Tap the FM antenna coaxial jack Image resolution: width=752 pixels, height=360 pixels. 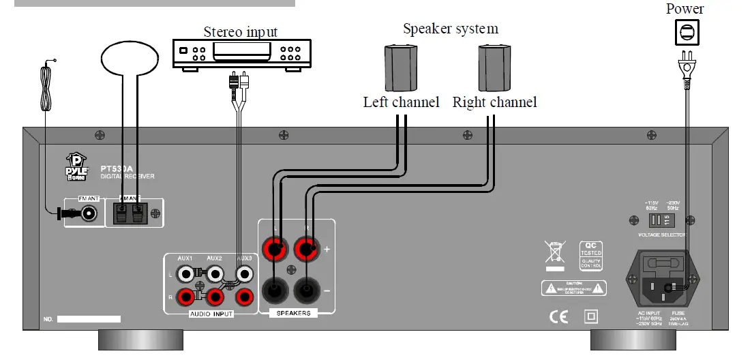[x=87, y=213]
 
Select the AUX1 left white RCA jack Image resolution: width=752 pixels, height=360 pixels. [x=185, y=274]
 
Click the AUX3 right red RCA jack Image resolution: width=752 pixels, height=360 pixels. [x=244, y=297]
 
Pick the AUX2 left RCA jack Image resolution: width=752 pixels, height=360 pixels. [x=215, y=274]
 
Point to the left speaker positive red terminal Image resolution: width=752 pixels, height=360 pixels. [x=275, y=250]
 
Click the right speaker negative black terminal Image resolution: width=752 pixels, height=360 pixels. [x=306, y=290]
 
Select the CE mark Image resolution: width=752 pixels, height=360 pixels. [x=558, y=317]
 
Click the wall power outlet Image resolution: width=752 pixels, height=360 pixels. [x=687, y=32]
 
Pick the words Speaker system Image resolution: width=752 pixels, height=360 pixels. [x=450, y=29]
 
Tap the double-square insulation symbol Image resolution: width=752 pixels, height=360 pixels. [x=591, y=317]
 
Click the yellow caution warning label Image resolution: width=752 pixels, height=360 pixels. [x=575, y=288]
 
